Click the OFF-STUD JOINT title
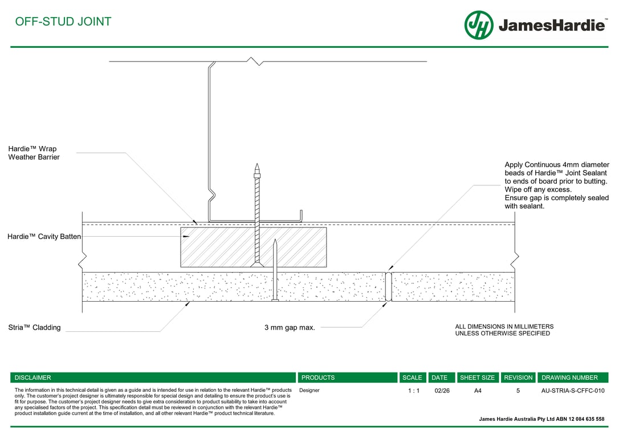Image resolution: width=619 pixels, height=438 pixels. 63,22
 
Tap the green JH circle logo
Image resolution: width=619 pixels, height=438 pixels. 479,25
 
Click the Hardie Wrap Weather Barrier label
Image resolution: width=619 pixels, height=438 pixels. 34,153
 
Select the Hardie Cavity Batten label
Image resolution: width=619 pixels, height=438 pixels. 44,236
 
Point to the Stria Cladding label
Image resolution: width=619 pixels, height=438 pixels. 34,327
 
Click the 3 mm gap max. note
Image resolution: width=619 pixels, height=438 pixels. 290,327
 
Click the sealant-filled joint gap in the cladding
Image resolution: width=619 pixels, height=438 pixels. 389,286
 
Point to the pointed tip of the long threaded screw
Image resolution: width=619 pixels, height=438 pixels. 257,166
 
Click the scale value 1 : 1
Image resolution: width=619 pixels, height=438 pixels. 413,391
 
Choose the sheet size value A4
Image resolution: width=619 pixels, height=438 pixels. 478,391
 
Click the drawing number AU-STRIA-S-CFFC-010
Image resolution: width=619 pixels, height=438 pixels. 572,391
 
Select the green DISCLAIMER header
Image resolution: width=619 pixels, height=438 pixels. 32,378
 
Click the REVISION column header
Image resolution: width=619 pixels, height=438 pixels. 518,378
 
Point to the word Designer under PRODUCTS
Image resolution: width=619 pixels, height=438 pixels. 309,391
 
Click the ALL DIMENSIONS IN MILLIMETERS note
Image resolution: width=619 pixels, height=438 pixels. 504,327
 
